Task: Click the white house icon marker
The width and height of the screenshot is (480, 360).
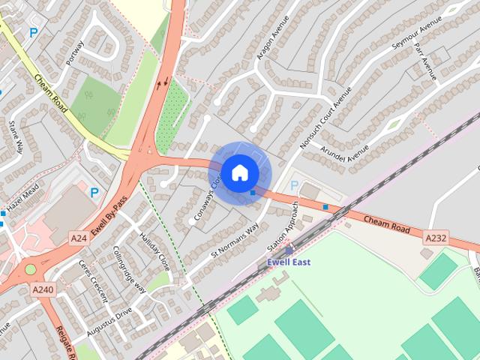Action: point(239,172)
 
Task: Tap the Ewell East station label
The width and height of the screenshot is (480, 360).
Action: point(289,262)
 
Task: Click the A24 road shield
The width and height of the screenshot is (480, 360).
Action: point(78,237)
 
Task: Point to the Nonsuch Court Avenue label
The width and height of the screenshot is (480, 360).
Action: point(325,117)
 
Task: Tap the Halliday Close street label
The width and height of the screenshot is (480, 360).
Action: point(154,251)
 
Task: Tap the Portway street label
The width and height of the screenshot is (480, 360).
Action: point(75,52)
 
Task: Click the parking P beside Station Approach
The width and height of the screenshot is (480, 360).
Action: point(293,185)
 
